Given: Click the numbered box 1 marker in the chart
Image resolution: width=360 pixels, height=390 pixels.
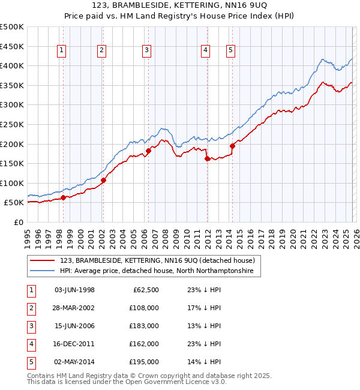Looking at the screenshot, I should point(63,51).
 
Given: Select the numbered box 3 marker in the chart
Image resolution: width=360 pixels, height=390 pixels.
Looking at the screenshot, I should point(146,51).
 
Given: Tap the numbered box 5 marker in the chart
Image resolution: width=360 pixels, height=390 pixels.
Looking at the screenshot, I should point(230,51).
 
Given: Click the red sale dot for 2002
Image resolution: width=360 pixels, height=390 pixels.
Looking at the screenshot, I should point(103,180).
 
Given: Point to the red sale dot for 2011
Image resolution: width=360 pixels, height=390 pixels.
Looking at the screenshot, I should point(207,159).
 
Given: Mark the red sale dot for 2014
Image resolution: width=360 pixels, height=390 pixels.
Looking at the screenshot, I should point(232,146).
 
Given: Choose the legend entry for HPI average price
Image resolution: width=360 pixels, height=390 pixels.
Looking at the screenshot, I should point(157,271).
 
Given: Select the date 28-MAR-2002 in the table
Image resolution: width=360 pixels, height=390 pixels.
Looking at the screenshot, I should point(74,308).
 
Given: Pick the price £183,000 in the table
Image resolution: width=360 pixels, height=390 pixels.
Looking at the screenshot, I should point(145,326).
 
